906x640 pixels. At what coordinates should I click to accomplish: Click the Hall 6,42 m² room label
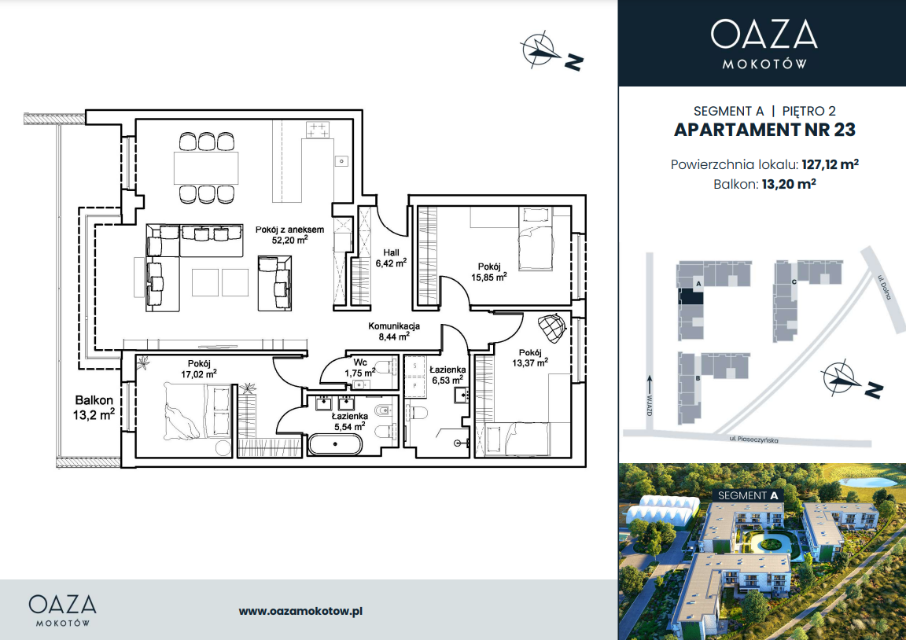click(391, 258)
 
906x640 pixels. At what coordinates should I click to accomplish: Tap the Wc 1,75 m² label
click(360, 369)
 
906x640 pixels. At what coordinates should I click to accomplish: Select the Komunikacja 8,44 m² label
click(394, 331)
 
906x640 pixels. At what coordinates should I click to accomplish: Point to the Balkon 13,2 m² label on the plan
click(94, 407)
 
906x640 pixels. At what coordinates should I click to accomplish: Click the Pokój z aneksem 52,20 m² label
click(289, 234)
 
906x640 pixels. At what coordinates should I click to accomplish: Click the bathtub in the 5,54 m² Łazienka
click(335, 445)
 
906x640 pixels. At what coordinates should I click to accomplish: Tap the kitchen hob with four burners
click(318, 130)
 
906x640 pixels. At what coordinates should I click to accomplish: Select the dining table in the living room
click(206, 167)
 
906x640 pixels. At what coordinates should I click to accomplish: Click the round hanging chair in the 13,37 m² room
click(551, 328)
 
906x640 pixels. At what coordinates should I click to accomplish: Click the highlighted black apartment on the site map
click(691, 297)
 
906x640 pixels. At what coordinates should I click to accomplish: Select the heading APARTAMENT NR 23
click(764, 130)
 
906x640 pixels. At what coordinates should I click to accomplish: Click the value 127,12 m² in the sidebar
click(830, 164)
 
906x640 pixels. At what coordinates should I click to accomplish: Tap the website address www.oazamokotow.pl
click(300, 611)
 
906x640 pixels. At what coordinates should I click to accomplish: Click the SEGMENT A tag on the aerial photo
click(748, 495)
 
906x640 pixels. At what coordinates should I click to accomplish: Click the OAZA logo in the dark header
click(764, 34)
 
